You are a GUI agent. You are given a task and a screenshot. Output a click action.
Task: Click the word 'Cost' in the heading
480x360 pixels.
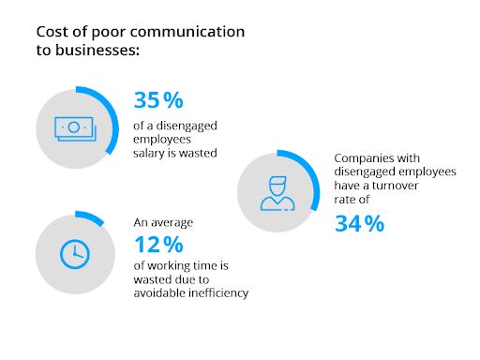(53, 32)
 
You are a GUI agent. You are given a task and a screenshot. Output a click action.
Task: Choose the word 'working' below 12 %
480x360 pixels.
(170, 266)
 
